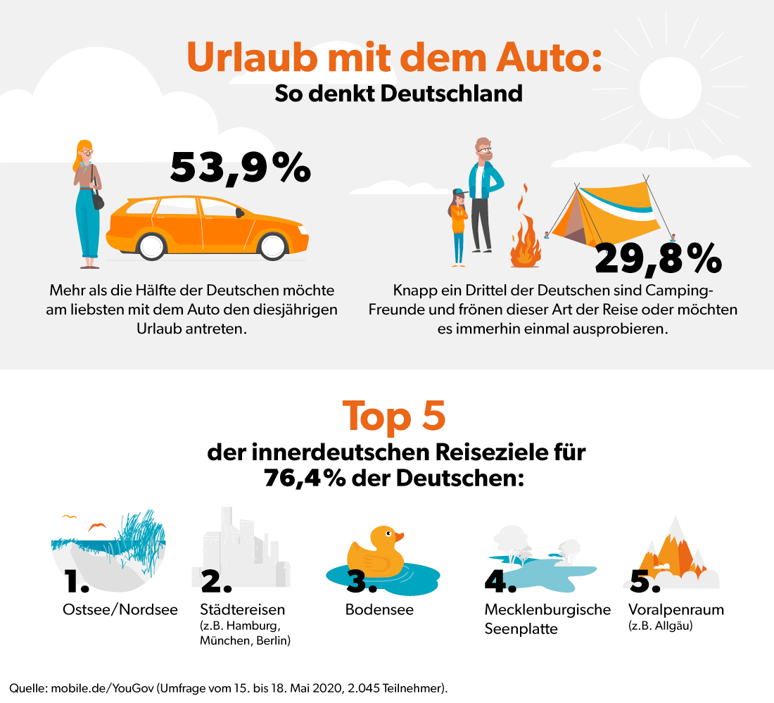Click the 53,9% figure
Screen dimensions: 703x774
(x=240, y=167)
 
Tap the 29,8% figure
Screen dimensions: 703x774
(x=659, y=258)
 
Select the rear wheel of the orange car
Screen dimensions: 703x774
(x=151, y=246)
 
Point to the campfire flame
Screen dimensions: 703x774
(x=524, y=239)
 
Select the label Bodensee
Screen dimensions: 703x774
(x=379, y=609)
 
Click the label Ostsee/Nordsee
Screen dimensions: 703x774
(x=120, y=609)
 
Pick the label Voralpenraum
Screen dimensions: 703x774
(x=677, y=609)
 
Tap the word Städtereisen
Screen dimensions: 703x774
(x=243, y=609)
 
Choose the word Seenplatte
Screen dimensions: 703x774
(x=521, y=628)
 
